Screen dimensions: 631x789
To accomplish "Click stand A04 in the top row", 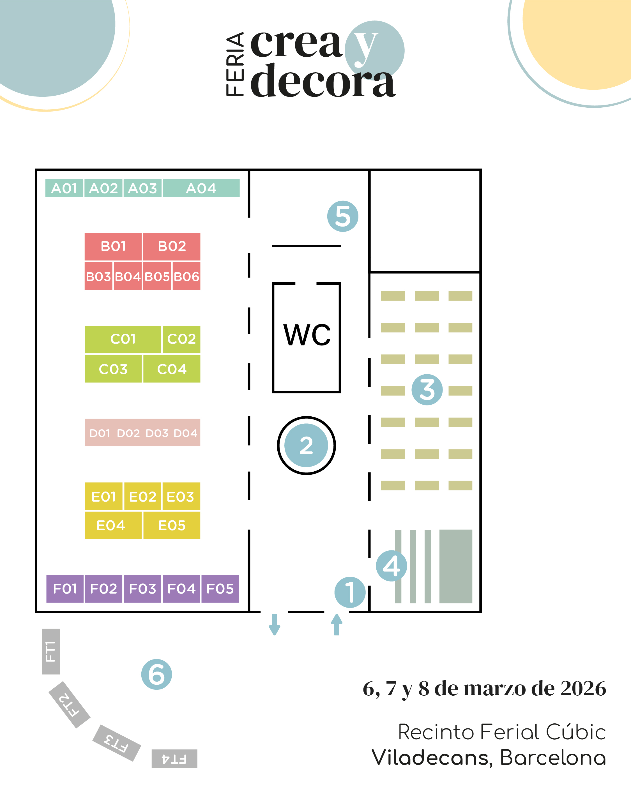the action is pyautogui.click(x=201, y=188).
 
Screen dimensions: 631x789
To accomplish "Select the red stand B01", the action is pyautogui.click(x=113, y=246).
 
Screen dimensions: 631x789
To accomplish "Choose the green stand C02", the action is pyautogui.click(x=181, y=339).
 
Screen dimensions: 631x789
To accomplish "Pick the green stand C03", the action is pyautogui.click(x=113, y=369).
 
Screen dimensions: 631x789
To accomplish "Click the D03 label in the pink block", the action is pyautogui.click(x=157, y=433).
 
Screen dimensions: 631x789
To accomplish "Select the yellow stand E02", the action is pyautogui.click(x=142, y=497).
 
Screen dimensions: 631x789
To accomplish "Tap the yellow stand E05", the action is pyautogui.click(x=172, y=525).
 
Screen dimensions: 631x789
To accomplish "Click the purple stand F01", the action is pyautogui.click(x=65, y=589).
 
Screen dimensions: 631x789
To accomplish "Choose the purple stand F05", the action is pyautogui.click(x=220, y=589).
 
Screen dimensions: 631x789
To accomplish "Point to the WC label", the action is pyautogui.click(x=307, y=335).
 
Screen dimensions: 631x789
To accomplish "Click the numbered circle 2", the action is pyautogui.click(x=306, y=445).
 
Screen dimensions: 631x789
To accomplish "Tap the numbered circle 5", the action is pyautogui.click(x=343, y=216).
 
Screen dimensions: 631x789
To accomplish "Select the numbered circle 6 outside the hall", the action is pyautogui.click(x=157, y=674).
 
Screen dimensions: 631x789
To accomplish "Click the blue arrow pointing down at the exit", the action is pyautogui.click(x=275, y=624).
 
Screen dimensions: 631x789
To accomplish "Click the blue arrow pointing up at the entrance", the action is pyautogui.click(x=337, y=624).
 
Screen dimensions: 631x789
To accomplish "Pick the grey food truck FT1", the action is pyautogui.click(x=51, y=651).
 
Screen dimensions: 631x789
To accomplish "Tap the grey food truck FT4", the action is pyautogui.click(x=175, y=759).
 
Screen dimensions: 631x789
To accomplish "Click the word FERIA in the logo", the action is pyautogui.click(x=235, y=64).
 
